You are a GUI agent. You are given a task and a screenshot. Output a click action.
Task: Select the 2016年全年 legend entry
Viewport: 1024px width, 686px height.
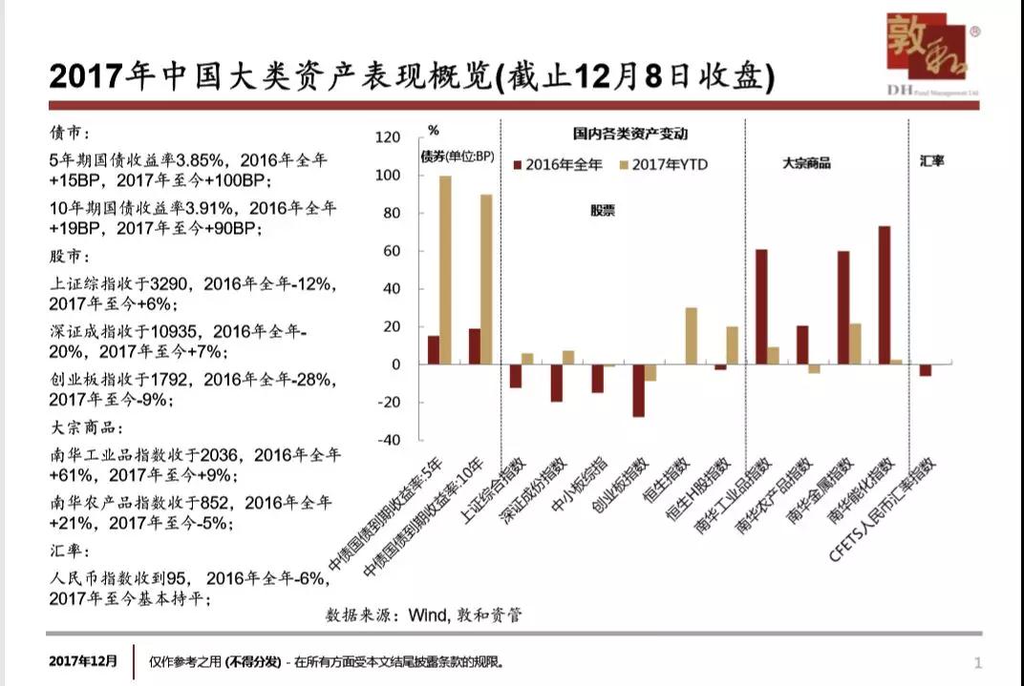tap(559, 165)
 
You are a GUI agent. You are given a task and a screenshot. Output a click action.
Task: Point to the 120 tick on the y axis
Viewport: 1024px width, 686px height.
tap(389, 137)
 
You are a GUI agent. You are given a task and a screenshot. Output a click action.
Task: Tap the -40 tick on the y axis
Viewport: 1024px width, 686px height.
tap(389, 440)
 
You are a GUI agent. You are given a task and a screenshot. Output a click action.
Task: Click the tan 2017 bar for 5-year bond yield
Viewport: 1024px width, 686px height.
tap(445, 270)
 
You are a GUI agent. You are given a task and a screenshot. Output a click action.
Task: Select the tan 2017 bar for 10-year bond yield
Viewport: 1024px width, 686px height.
tap(486, 280)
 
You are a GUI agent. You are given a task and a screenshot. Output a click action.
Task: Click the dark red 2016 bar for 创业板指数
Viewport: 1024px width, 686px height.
tap(638, 390)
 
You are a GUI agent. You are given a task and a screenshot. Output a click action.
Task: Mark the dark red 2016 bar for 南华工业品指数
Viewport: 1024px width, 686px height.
tap(761, 306)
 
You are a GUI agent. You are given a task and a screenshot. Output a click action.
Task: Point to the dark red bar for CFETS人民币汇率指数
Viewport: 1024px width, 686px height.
tap(925, 370)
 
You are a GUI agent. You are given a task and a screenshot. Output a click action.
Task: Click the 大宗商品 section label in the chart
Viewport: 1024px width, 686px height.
tap(806, 163)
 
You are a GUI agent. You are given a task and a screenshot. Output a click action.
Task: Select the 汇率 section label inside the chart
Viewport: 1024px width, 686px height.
tap(931, 161)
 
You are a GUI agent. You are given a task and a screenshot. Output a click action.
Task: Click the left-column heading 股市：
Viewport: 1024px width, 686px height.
tap(72, 257)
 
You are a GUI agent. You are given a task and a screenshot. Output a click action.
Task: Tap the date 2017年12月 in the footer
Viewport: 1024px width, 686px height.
tap(84, 660)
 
